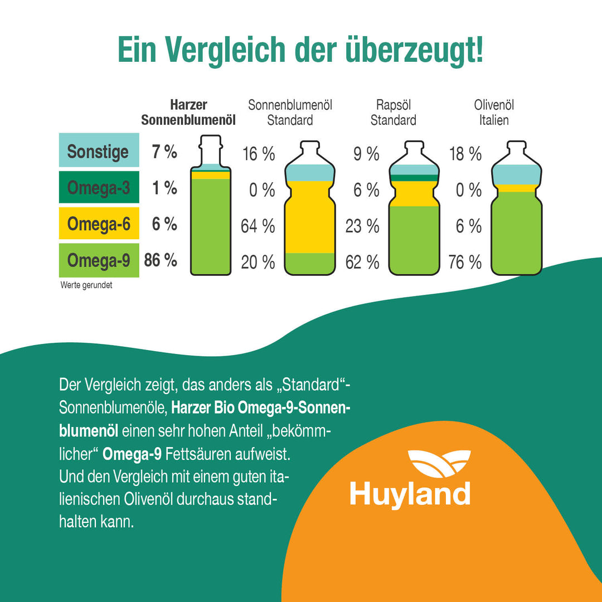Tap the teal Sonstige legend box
coord(99,151)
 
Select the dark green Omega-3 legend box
coord(99,188)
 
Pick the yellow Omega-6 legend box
coord(99,224)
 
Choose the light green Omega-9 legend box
coord(99,260)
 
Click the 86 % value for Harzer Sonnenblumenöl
coord(161,260)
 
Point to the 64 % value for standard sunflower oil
coord(258,226)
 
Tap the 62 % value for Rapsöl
coord(362,262)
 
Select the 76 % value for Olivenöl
coord(465,262)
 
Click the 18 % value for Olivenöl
coord(465,154)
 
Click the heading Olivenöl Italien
coord(494,113)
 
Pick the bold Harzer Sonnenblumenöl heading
coord(188,113)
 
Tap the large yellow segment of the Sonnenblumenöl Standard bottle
coord(310,217)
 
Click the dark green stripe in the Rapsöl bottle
coord(414,178)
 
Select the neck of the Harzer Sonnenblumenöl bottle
coord(210,151)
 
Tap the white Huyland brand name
coord(410,494)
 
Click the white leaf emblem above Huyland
coord(439,463)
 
